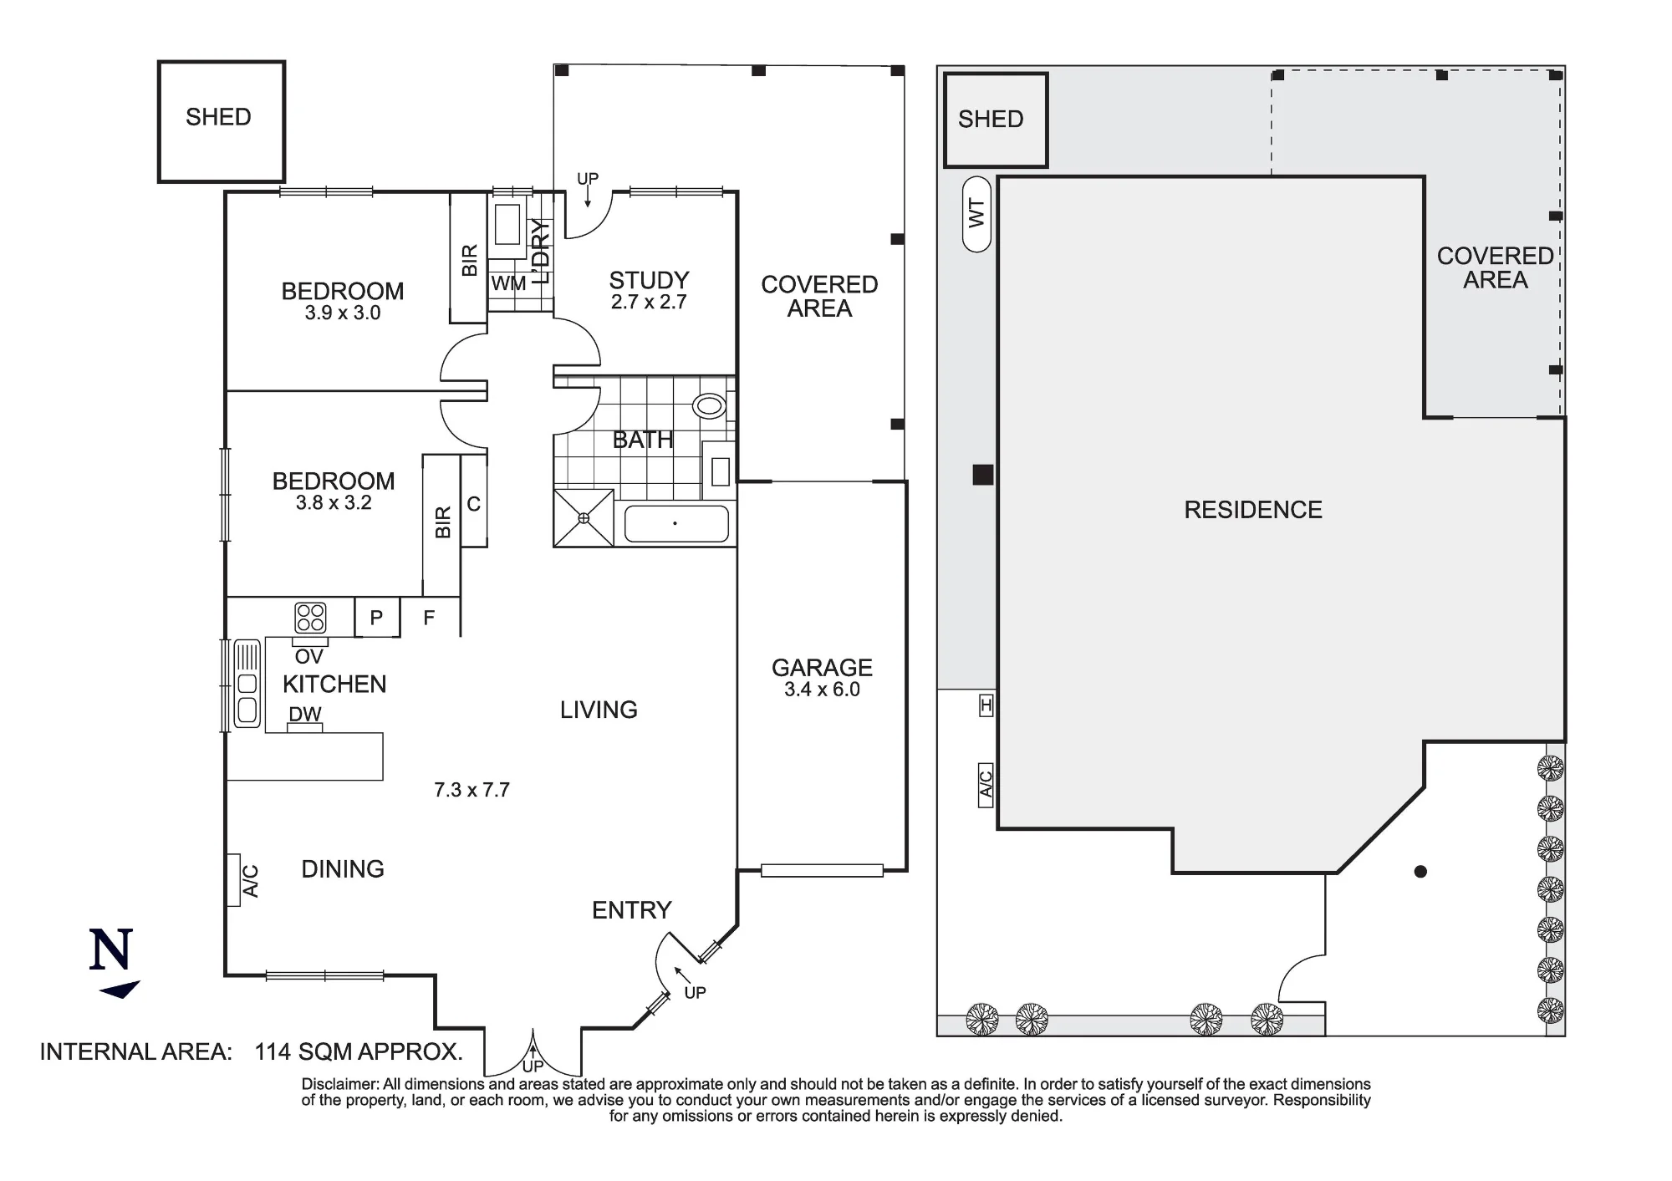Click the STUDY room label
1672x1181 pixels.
[x=649, y=280]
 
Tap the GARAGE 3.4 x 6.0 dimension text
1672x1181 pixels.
[x=822, y=690]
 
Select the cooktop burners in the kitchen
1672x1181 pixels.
[x=310, y=618]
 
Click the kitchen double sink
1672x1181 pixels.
[x=247, y=684]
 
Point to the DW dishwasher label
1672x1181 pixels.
[x=305, y=714]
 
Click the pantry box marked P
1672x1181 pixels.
[x=377, y=618]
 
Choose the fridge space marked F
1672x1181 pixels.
[x=430, y=618]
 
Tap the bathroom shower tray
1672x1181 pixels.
[x=584, y=518]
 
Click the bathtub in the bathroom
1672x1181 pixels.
[x=676, y=524]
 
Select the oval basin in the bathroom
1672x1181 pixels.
[x=710, y=406]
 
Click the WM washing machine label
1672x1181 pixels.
[x=508, y=283]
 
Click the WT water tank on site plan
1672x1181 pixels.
[x=976, y=214]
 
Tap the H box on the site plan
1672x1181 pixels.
[x=986, y=706]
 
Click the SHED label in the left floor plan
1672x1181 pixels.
[x=218, y=117]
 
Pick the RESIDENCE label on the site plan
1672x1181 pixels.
[x=1253, y=510]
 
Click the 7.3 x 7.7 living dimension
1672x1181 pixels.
[x=472, y=790]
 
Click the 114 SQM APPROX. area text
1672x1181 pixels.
[x=359, y=1051]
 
